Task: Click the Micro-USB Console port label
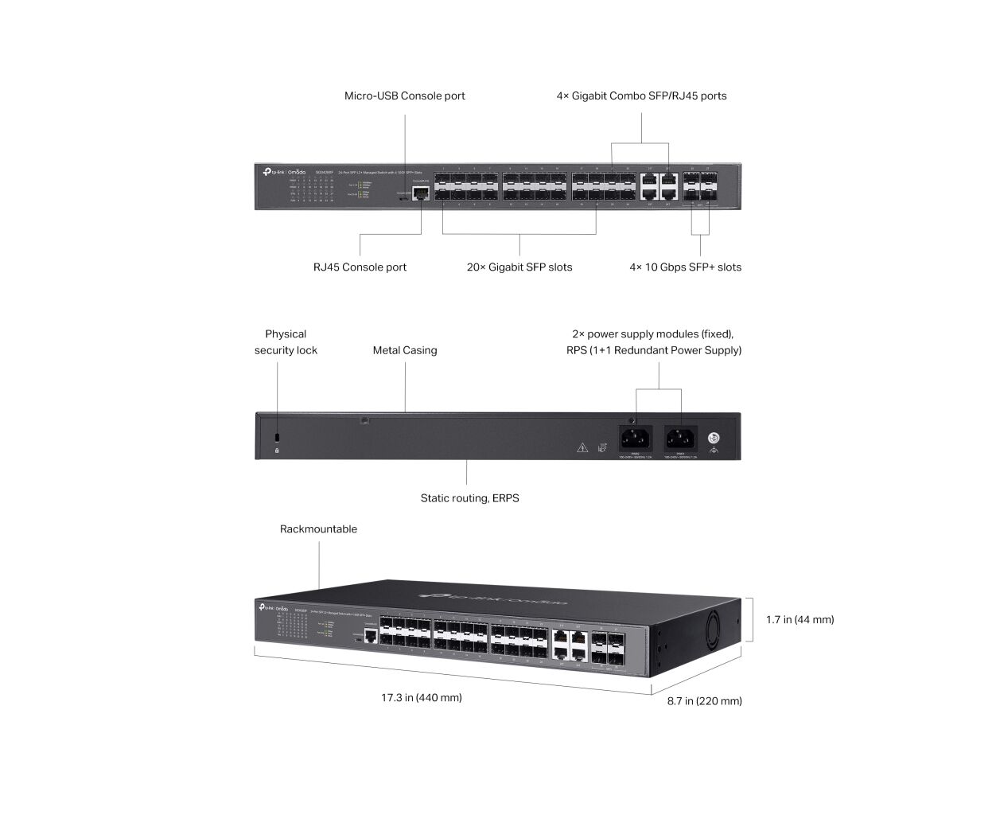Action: (404, 96)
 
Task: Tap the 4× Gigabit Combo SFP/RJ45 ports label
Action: (641, 96)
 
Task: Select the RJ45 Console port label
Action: (360, 267)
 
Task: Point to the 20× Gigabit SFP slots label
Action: (519, 267)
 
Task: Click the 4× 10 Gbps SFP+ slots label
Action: (685, 267)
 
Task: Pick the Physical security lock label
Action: (286, 342)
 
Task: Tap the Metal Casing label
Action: (405, 350)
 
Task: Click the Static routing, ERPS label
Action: (469, 498)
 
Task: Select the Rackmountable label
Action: (318, 529)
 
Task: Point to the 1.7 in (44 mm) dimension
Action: (800, 619)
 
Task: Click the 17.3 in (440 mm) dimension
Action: (421, 698)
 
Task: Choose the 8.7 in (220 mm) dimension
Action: (704, 701)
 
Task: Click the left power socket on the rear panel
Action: (636, 438)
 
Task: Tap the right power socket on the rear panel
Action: (681, 438)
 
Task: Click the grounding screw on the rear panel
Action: (714, 438)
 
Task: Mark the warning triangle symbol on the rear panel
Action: (582, 448)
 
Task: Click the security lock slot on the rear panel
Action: (277, 438)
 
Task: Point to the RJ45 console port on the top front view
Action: (421, 192)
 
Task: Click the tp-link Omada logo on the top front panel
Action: (284, 172)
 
